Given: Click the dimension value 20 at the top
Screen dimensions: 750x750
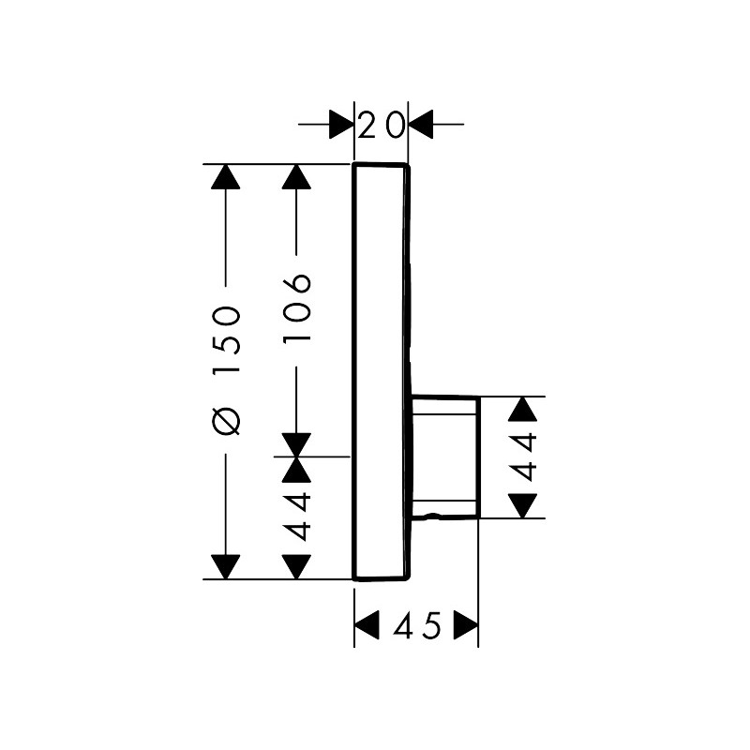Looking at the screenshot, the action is pyautogui.click(x=382, y=126).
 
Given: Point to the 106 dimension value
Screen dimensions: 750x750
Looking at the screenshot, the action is pyautogui.click(x=296, y=307).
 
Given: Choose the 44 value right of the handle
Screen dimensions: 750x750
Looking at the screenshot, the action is pyautogui.click(x=523, y=457).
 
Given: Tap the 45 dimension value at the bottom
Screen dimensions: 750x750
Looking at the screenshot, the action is pyautogui.click(x=416, y=625).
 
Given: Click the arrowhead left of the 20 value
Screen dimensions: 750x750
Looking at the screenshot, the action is pyautogui.click(x=341, y=125).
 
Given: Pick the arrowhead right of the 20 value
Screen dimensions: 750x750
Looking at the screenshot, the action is pyautogui.click(x=421, y=125).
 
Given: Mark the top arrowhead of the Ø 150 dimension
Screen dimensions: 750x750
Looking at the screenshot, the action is pyautogui.click(x=225, y=176).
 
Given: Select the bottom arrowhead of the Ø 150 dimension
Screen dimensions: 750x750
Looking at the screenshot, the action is pyautogui.click(x=225, y=567).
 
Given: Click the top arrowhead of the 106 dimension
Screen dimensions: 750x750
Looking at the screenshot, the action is pyautogui.click(x=296, y=176).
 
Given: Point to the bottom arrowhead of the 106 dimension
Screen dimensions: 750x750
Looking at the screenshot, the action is pyautogui.click(x=296, y=444).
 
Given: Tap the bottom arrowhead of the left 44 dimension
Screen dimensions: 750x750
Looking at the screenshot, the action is pyautogui.click(x=296, y=567).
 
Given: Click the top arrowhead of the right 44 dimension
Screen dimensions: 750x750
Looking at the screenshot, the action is pyautogui.click(x=523, y=409).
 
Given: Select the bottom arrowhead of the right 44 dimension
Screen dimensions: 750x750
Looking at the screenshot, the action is pyautogui.click(x=523, y=506).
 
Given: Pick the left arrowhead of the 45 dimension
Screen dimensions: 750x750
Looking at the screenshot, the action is pyautogui.click(x=367, y=624).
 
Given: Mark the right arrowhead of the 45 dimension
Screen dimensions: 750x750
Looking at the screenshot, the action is pyautogui.click(x=466, y=624).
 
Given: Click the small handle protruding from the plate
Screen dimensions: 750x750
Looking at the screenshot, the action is pyautogui.click(x=444, y=457).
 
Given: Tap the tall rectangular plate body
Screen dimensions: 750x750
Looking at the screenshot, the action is pyautogui.click(x=382, y=371).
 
